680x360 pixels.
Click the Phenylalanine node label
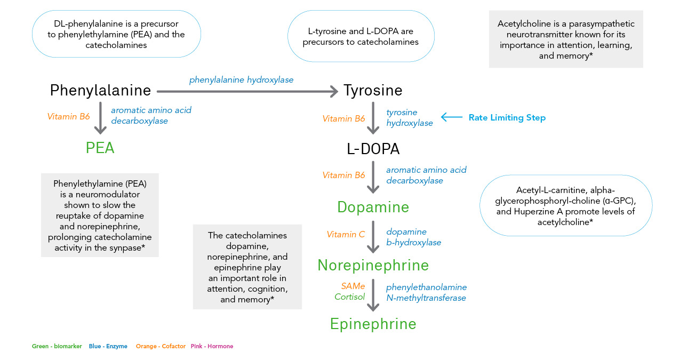pos(100,90)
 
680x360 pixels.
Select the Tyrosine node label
pos(373,90)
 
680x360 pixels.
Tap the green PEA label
pos(100,148)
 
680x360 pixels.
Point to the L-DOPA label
pos(373,149)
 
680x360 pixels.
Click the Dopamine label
pos(373,207)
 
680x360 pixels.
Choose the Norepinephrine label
pos(373,265)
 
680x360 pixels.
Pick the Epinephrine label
pos(373,324)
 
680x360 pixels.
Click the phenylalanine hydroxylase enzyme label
pos(241,80)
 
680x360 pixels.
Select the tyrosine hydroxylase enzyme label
pos(410,117)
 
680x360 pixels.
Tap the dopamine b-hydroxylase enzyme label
pos(413,237)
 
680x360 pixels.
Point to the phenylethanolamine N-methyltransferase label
pos(426,293)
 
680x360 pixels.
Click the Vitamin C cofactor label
pos(346,235)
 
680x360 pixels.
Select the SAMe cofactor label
pos(353,286)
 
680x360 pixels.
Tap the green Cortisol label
pos(350,297)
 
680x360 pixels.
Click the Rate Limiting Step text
pos(507,118)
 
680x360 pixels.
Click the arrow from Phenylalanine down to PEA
pos(100,118)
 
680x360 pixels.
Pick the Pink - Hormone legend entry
pos(212,347)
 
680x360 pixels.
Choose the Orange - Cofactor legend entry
pos(161,347)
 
